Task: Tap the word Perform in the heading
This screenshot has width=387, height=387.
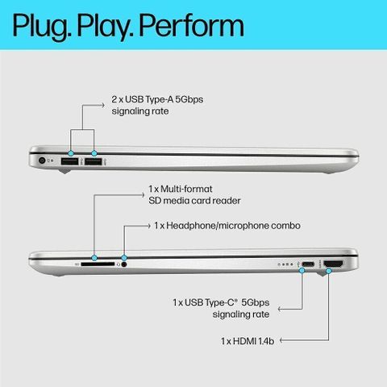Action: [x=192, y=25]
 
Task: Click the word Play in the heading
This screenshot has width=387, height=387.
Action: [x=105, y=27]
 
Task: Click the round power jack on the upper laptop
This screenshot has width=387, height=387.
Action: [x=42, y=160]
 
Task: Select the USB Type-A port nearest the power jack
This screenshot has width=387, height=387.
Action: [x=69, y=161]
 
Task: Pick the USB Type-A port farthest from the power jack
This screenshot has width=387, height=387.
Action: [x=94, y=161]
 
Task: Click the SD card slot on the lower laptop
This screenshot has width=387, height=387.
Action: [x=98, y=264]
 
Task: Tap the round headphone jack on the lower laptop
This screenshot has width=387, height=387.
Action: [x=124, y=264]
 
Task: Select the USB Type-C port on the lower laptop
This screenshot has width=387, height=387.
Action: [x=308, y=264]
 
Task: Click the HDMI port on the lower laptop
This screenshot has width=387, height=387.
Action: [x=334, y=264]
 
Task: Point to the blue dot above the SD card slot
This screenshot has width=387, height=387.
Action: [x=94, y=258]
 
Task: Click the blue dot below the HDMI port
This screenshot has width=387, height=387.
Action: [x=328, y=271]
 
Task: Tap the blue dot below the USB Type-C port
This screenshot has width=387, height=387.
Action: [x=302, y=271]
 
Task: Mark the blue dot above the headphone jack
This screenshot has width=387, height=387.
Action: [x=123, y=258]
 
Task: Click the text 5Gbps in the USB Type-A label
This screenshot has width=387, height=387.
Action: [x=189, y=100]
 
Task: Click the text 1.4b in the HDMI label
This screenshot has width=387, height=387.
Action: [x=266, y=341]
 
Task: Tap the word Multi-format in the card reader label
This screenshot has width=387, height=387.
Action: [x=186, y=189]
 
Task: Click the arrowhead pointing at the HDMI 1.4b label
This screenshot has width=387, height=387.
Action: [x=281, y=340]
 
